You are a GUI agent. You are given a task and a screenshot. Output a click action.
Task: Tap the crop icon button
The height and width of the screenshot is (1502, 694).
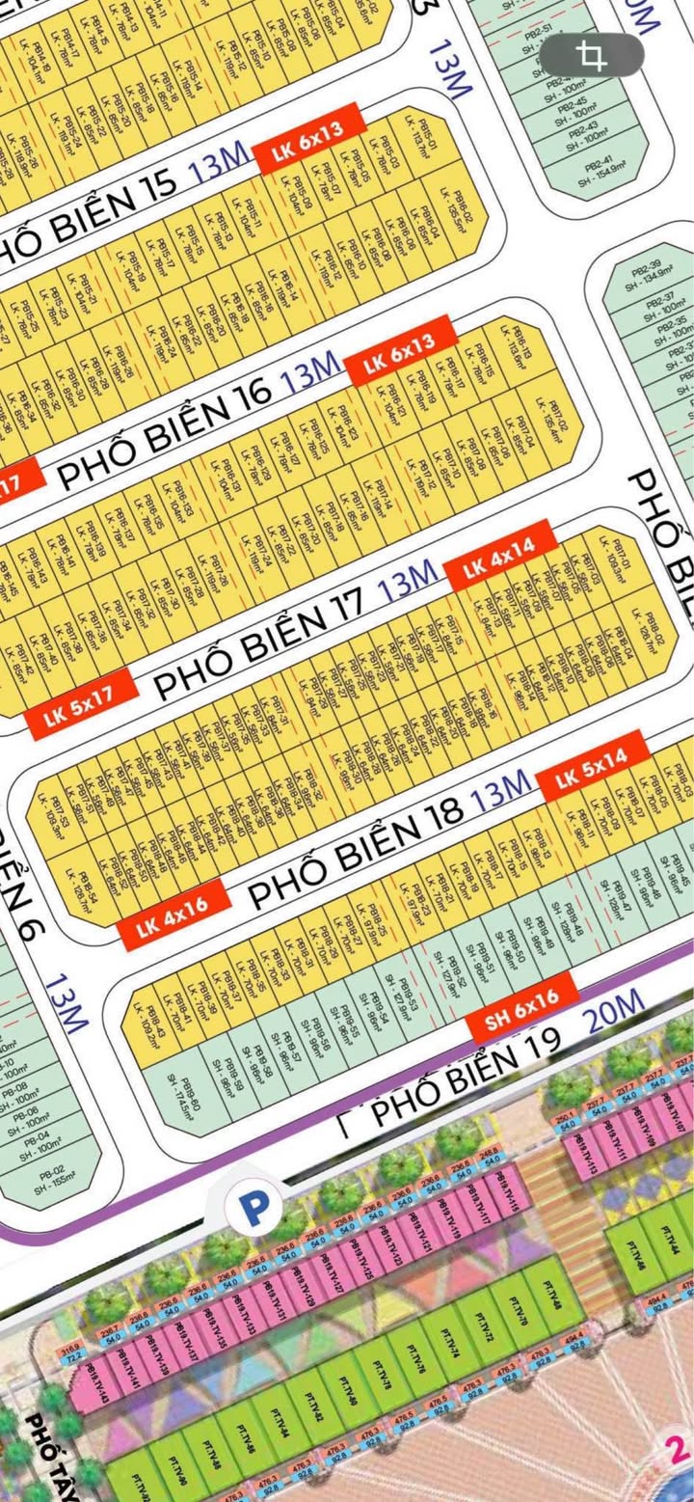(x=591, y=55)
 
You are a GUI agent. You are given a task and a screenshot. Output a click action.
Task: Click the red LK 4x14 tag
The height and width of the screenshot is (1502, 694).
(x=500, y=557)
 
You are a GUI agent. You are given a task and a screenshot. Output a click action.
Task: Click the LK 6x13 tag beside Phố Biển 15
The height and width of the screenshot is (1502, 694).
(x=311, y=136)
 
